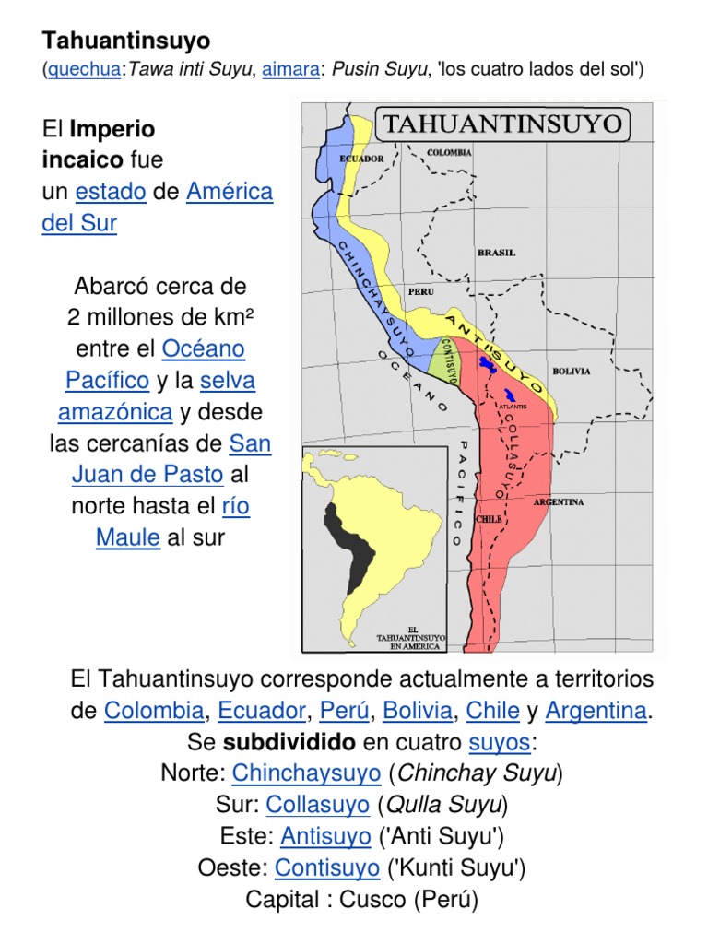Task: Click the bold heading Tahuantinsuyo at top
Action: [126, 41]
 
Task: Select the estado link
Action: [111, 192]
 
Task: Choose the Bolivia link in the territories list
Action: [418, 711]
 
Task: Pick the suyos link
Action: [499, 742]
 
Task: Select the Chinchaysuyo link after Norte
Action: [306, 773]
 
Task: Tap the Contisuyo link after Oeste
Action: [327, 867]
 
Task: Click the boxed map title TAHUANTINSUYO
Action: [501, 124]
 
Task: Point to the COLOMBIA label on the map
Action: [449, 152]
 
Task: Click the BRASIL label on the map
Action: [495, 252]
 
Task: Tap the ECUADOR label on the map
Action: [361, 159]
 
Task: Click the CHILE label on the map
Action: [488, 519]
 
